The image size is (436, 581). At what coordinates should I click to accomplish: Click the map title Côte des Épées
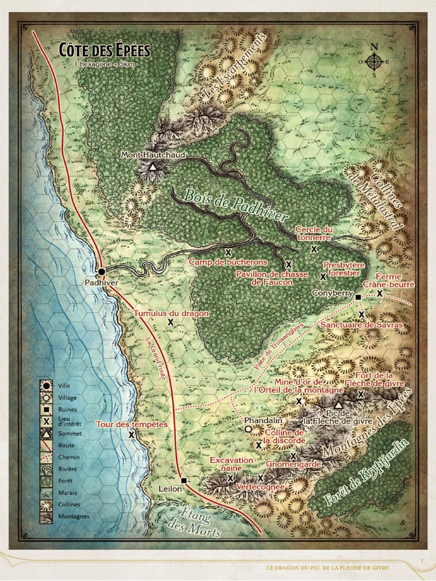pyautogui.click(x=104, y=50)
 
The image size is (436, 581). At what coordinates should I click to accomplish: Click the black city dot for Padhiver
pyautogui.click(x=102, y=272)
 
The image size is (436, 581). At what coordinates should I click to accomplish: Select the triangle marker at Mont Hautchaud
pyautogui.click(x=152, y=167)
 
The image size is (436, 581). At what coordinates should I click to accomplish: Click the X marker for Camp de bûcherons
pyautogui.click(x=228, y=252)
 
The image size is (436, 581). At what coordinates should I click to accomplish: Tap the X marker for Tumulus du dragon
pyautogui.click(x=170, y=322)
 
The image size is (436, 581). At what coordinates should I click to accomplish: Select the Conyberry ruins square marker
pyautogui.click(x=358, y=297)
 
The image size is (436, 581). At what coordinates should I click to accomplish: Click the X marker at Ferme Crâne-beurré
pyautogui.click(x=380, y=293)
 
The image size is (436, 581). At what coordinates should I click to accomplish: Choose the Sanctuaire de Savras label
pyautogui.click(x=361, y=325)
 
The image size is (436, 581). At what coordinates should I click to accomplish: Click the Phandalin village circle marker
pyautogui.click(x=248, y=430)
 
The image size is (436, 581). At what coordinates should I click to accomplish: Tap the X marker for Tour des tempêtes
pyautogui.click(x=132, y=434)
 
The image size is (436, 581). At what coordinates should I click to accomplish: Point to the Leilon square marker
pyautogui.click(x=183, y=481)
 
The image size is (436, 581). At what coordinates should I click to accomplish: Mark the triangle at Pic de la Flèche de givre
pyautogui.click(x=338, y=405)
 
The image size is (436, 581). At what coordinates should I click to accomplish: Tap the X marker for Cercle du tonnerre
pyautogui.click(x=313, y=249)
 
